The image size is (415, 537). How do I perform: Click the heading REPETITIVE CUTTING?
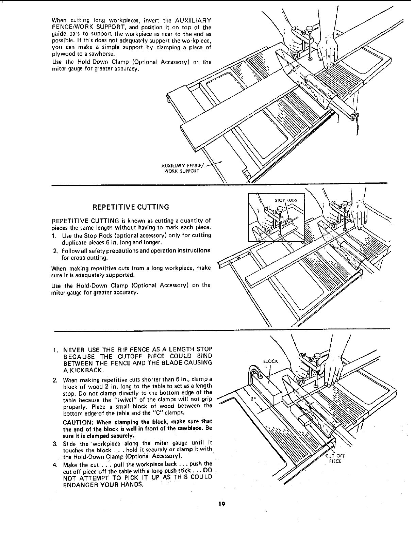tap(131, 207)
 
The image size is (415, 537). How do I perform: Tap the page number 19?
tap(222, 504)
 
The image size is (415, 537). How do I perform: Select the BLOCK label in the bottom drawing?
tap(271, 361)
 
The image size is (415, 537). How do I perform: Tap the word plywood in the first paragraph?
tap(60, 54)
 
